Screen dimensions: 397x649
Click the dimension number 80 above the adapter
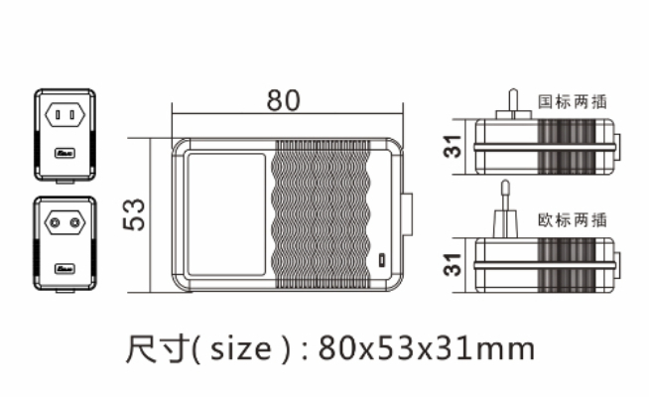tap(283, 100)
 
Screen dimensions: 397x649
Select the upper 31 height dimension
tap(452, 148)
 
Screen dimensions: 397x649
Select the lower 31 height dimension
tap(452, 263)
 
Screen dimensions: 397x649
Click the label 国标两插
tap(573, 101)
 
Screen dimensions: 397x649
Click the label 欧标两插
tap(573, 218)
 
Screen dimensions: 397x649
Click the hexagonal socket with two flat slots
tap(65, 116)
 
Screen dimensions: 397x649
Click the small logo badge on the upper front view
tap(65, 156)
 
